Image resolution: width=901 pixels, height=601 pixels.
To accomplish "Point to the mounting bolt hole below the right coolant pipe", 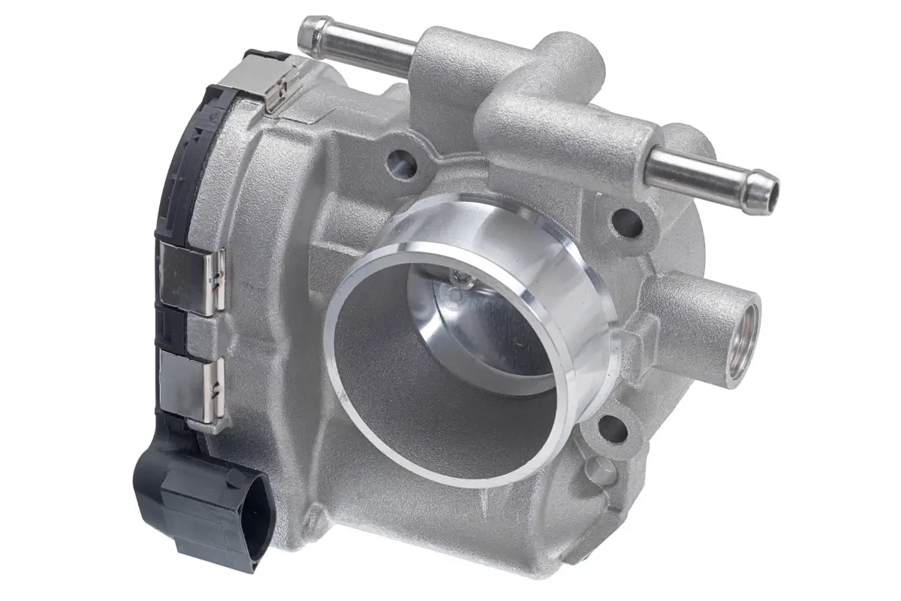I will [628, 222].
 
